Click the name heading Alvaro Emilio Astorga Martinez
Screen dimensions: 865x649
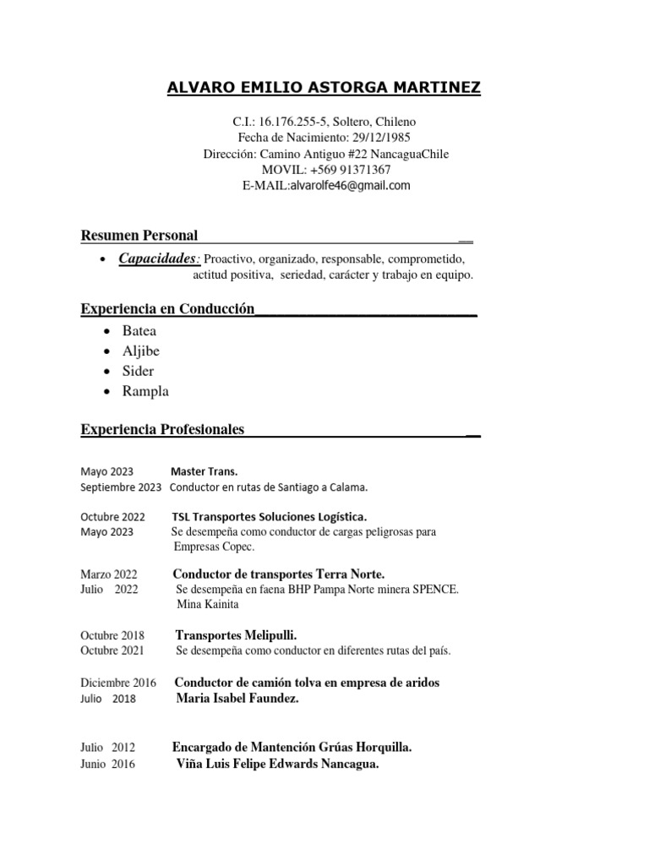click(324, 89)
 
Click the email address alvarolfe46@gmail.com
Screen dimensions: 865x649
click(350, 186)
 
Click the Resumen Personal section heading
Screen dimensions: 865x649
click(139, 235)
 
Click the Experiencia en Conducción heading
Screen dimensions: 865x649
click(167, 310)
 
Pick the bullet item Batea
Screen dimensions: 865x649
click(139, 331)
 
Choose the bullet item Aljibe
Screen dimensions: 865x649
click(140, 351)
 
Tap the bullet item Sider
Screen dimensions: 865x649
click(139, 371)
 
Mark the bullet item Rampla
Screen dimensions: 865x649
click(145, 391)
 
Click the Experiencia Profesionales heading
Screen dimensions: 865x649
click(162, 430)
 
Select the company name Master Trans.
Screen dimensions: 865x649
click(204, 471)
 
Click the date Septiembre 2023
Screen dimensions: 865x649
click(121, 487)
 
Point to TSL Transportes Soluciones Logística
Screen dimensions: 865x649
click(269, 516)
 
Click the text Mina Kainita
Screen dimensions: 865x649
click(208, 605)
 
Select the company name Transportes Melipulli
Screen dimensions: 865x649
click(236, 634)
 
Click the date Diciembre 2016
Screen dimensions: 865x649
click(118, 683)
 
